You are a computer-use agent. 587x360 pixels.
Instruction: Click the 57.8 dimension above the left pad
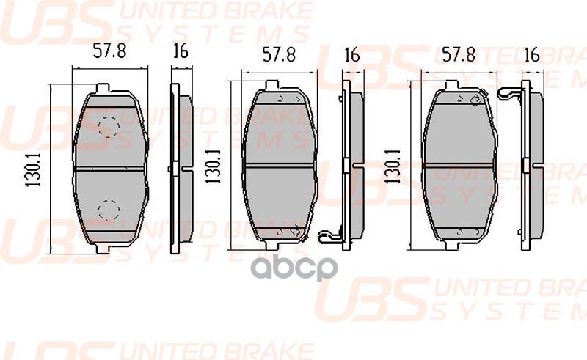pos(109,52)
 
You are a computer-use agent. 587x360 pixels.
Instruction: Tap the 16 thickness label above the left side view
pos(179,52)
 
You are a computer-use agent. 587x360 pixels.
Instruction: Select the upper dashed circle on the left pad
pos(109,128)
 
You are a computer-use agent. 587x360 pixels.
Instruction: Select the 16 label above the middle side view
pos(351,55)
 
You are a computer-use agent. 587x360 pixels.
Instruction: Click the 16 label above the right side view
pos(533,54)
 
